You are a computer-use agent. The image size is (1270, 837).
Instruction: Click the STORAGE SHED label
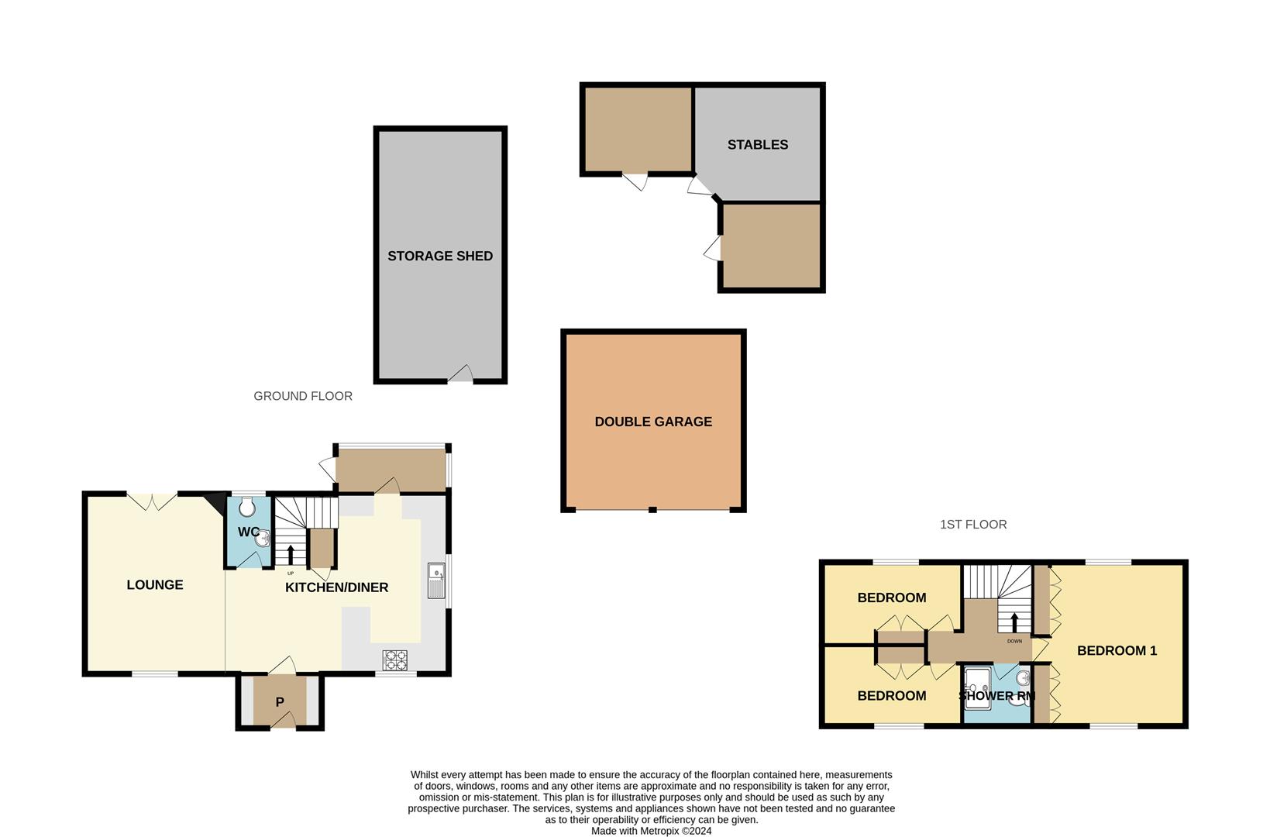click(440, 257)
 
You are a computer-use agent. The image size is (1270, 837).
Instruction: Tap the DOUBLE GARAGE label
click(653, 422)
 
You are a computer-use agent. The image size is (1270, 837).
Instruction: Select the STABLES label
click(757, 145)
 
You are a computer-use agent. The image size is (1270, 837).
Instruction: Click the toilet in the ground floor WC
click(248, 508)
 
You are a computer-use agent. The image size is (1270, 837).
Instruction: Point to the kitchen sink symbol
click(436, 580)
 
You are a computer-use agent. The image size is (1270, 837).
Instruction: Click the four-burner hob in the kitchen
click(395, 660)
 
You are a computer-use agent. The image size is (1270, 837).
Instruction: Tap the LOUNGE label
click(155, 585)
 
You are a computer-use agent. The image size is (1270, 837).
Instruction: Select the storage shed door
click(460, 375)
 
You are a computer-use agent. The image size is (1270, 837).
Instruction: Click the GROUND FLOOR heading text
click(303, 396)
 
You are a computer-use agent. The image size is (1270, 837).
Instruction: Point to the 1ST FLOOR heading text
click(973, 525)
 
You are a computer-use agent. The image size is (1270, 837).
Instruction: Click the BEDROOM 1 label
click(1117, 651)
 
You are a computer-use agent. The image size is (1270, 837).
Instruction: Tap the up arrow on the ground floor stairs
click(291, 554)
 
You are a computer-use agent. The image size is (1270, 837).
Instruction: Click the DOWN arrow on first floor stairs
click(1014, 622)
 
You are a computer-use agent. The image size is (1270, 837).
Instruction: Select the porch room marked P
click(280, 701)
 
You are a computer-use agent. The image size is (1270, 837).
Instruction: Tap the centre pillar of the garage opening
click(653, 509)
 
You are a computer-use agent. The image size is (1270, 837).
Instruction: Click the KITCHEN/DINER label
click(336, 587)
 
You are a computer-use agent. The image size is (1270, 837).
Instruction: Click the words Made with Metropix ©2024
click(651, 831)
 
